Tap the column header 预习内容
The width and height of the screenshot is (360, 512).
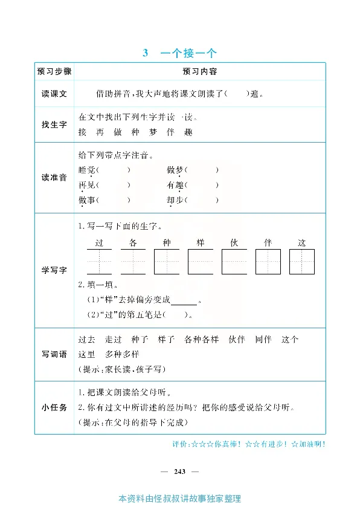click(200, 71)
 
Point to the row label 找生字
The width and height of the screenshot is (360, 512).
click(54, 125)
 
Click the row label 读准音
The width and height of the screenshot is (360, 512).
click(54, 178)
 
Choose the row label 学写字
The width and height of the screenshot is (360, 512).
click(54, 270)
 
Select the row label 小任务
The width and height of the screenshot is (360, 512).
click(54, 407)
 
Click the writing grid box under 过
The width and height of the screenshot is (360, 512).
click(100, 262)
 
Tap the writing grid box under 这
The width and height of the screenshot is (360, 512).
click(302, 262)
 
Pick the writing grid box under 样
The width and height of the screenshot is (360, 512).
click(201, 262)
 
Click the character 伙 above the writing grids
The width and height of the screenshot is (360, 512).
click(234, 243)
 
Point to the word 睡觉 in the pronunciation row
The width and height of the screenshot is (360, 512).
click(87, 170)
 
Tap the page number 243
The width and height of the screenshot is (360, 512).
click(179, 471)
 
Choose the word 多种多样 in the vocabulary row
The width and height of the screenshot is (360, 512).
click(122, 354)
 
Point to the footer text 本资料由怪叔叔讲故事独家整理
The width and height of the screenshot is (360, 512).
click(180, 499)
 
